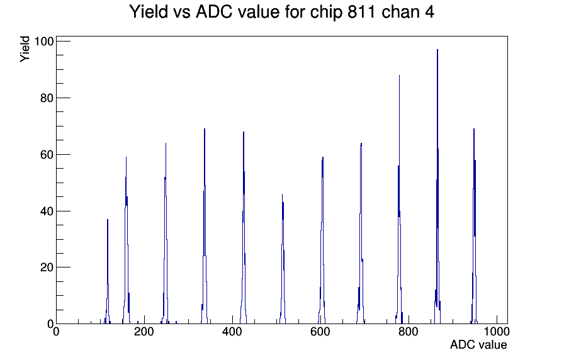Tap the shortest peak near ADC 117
(108, 273)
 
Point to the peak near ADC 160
(127, 241)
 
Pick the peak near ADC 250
(166, 233)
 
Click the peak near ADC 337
(205, 227)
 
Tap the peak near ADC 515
(283, 259)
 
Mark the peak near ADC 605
(322, 241)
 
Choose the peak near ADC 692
(361, 233)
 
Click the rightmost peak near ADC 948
(474, 227)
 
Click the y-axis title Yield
(25, 49)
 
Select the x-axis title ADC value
(478, 344)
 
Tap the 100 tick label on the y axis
(44, 42)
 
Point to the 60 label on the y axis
(47, 155)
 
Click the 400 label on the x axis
(232, 331)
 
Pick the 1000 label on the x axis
(497, 331)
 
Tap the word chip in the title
(326, 13)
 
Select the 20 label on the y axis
(47, 267)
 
